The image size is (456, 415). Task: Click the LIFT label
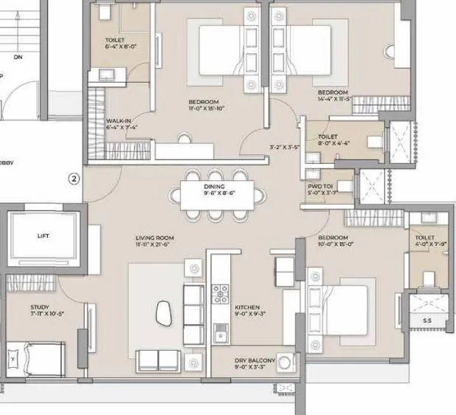click(42, 236)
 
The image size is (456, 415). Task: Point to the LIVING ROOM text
click(153, 239)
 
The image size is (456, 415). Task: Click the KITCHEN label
click(246, 306)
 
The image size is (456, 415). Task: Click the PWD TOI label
click(320, 188)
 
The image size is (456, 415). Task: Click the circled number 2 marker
click(73, 178)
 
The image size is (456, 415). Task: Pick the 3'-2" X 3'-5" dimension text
click(284, 147)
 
